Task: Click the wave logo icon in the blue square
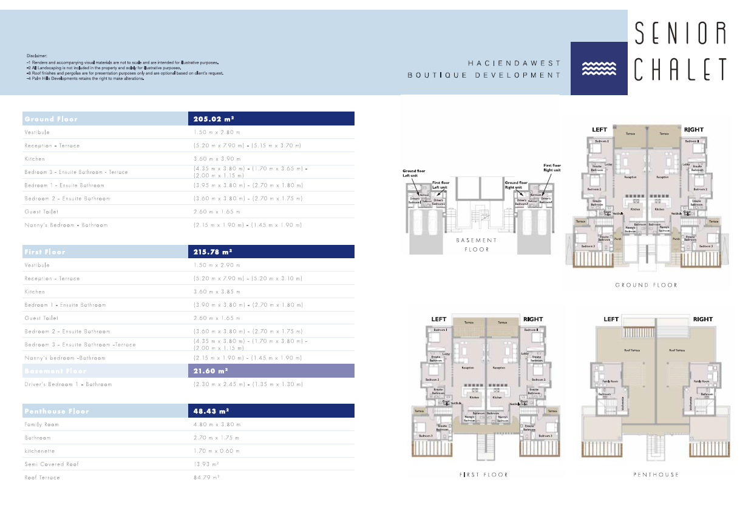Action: (x=599, y=68)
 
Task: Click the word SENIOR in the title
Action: (x=680, y=34)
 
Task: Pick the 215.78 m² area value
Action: (x=212, y=252)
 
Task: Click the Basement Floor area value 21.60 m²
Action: (x=210, y=370)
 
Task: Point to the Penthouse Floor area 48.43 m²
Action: (x=210, y=411)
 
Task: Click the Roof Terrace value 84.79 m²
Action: (x=206, y=478)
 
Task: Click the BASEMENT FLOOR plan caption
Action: (x=477, y=244)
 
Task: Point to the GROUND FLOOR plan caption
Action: (x=646, y=285)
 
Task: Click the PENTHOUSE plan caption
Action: (x=656, y=475)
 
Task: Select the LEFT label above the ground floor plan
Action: (x=599, y=130)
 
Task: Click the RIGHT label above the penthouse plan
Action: (x=702, y=319)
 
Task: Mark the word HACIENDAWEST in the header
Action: (x=514, y=63)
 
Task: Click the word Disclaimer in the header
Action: (x=37, y=55)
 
